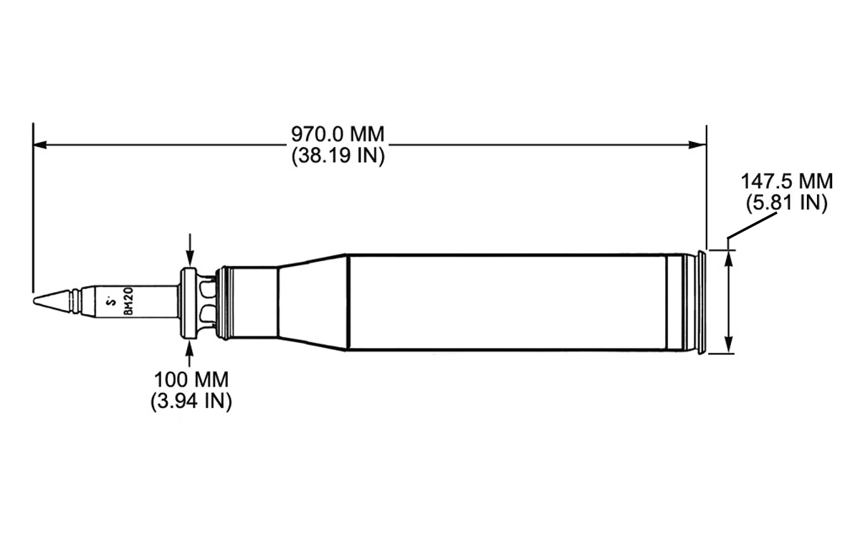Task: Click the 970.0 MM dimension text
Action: tap(338, 134)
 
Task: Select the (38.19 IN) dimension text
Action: tap(338, 156)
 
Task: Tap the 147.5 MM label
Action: tap(787, 181)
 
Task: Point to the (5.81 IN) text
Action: tap(786, 202)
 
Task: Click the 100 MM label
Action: tap(191, 379)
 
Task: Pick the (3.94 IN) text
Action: tap(191, 401)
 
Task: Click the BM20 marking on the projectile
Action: tap(128, 301)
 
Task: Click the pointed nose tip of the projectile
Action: tap(34, 301)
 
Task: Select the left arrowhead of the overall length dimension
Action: tap(40, 145)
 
